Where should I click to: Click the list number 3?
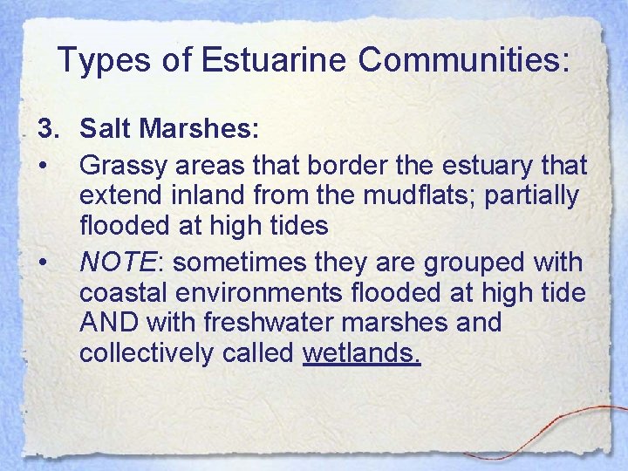point(46,130)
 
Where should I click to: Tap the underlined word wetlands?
point(362,353)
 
